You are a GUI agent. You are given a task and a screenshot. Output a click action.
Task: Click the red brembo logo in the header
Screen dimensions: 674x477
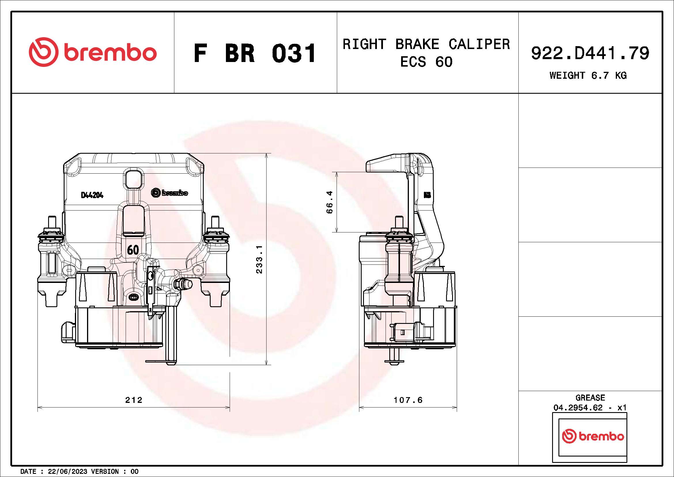pos(93,52)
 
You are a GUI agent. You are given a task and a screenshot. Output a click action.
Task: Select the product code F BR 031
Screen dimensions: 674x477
pos(255,53)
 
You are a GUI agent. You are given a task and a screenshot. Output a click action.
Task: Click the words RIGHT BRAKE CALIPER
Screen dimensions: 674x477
pos(426,44)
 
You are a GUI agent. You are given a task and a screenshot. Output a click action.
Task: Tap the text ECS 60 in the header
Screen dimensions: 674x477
pos(426,62)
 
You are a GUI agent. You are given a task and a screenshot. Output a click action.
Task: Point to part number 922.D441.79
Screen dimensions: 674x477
pos(590,53)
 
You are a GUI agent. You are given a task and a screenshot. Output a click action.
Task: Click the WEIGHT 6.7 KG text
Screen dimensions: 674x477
pos(588,76)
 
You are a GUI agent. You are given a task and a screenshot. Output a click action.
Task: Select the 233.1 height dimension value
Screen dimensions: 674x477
pos(259,259)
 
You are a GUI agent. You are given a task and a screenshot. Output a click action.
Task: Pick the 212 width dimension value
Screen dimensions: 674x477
pos(134,400)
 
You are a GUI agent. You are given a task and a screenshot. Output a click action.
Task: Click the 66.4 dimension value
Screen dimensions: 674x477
pos(330,202)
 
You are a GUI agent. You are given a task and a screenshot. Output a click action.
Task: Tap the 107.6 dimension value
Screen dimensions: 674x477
pos(408,400)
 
